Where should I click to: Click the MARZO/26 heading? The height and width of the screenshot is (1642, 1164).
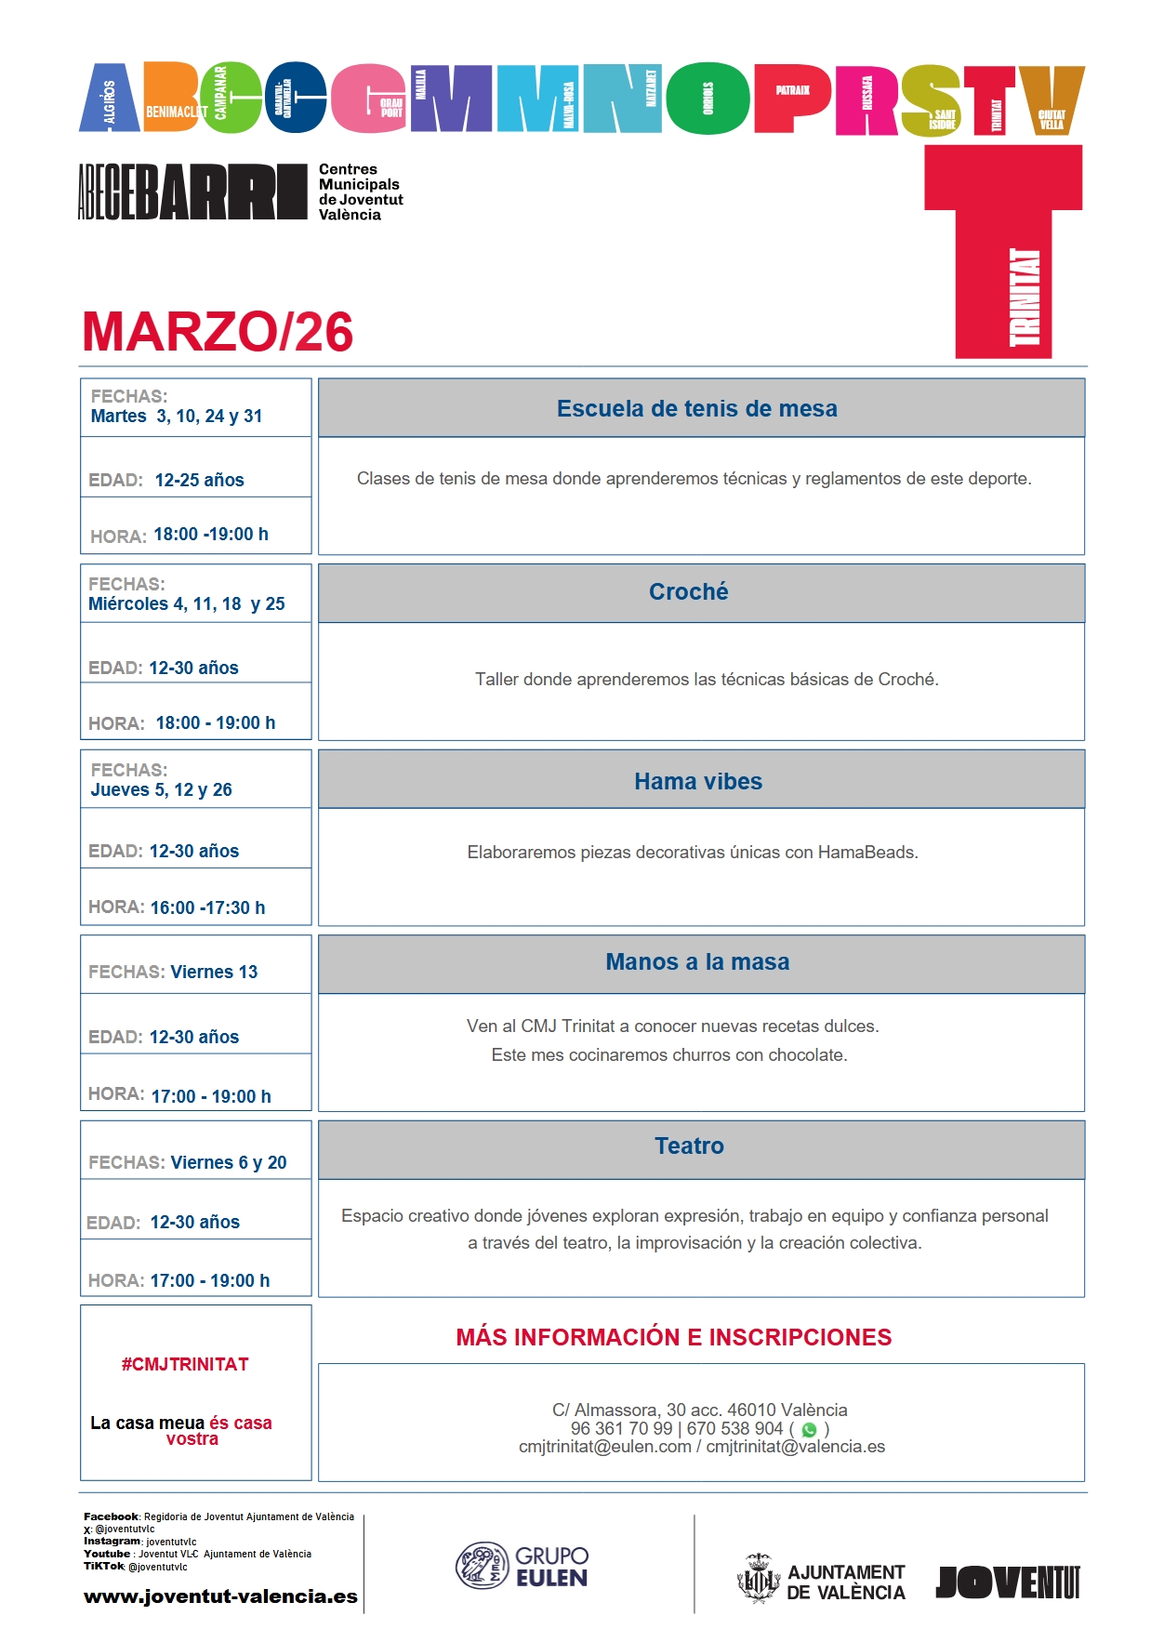(x=218, y=332)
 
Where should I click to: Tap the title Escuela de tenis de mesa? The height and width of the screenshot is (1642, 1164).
(x=696, y=408)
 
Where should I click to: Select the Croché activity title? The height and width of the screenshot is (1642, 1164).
(x=688, y=591)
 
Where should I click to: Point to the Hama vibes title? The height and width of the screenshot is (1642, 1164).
(x=697, y=781)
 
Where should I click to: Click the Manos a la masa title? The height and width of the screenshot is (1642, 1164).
(x=697, y=961)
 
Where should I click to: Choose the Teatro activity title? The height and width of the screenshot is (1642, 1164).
(x=689, y=1145)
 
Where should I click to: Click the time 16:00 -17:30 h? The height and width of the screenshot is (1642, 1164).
(x=207, y=907)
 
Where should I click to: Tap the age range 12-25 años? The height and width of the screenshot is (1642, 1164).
(x=199, y=480)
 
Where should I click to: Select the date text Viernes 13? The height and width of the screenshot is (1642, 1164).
(x=214, y=972)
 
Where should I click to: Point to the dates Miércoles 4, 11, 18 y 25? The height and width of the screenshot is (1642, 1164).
(x=186, y=603)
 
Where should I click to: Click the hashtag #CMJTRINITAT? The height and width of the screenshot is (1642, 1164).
(x=185, y=1364)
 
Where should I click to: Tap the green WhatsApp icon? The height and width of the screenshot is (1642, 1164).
(x=809, y=1430)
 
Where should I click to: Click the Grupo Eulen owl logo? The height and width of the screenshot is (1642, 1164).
(x=481, y=1565)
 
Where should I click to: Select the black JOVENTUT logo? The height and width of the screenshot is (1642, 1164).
(x=1008, y=1582)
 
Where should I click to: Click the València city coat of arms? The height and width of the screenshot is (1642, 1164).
(x=759, y=1578)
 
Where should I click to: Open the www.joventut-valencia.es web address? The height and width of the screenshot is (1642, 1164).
(x=220, y=1596)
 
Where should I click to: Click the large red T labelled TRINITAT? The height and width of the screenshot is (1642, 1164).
(x=1004, y=251)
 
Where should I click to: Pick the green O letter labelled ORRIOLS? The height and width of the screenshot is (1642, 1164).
(x=708, y=99)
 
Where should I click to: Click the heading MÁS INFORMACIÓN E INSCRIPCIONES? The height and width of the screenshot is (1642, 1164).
(x=673, y=1337)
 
